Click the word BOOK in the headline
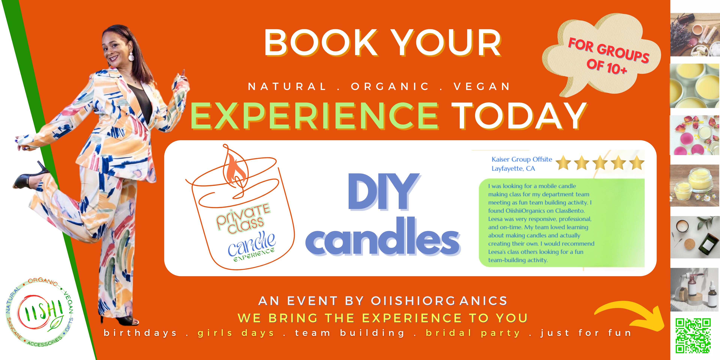pos(321,43)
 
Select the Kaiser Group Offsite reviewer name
pos(522,159)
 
